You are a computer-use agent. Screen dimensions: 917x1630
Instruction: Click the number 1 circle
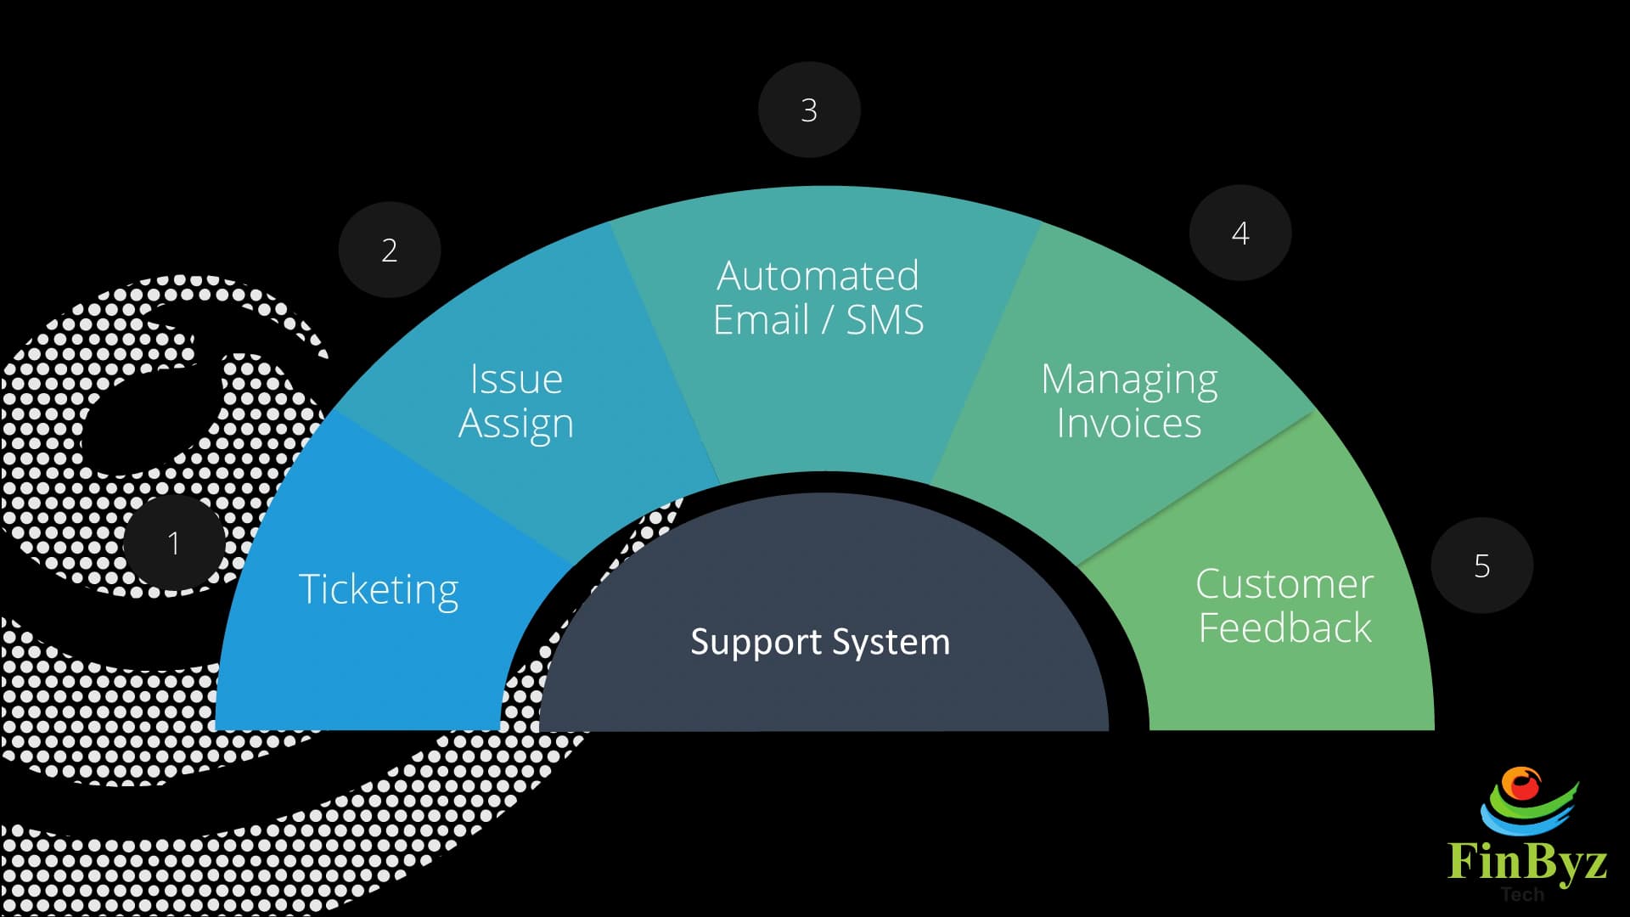(x=174, y=543)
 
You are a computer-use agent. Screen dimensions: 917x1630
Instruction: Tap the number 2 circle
(x=390, y=250)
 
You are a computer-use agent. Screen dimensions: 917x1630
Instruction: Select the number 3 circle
(x=809, y=110)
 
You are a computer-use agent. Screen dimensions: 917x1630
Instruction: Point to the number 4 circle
(x=1240, y=233)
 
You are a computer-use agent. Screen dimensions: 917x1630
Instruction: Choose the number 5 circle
(x=1482, y=565)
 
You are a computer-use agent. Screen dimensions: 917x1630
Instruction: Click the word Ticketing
(x=379, y=589)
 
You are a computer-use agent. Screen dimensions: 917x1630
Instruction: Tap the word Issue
(x=516, y=379)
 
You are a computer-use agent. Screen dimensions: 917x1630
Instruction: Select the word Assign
(x=516, y=424)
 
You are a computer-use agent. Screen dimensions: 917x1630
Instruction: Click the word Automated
(x=818, y=276)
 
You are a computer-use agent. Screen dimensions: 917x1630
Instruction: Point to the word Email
(x=761, y=320)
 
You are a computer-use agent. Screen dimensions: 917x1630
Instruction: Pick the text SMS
(x=885, y=320)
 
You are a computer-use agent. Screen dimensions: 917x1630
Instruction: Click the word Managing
(x=1129, y=380)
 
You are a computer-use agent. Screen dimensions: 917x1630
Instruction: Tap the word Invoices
(x=1129, y=423)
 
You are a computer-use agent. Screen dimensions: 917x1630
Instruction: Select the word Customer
(x=1284, y=584)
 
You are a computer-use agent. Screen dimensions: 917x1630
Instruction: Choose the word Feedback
(x=1284, y=628)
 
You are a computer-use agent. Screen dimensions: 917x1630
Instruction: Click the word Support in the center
(x=745, y=642)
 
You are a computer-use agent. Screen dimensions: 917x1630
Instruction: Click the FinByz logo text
(x=1526, y=861)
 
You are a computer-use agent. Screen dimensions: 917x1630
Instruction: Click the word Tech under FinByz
(x=1522, y=894)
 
